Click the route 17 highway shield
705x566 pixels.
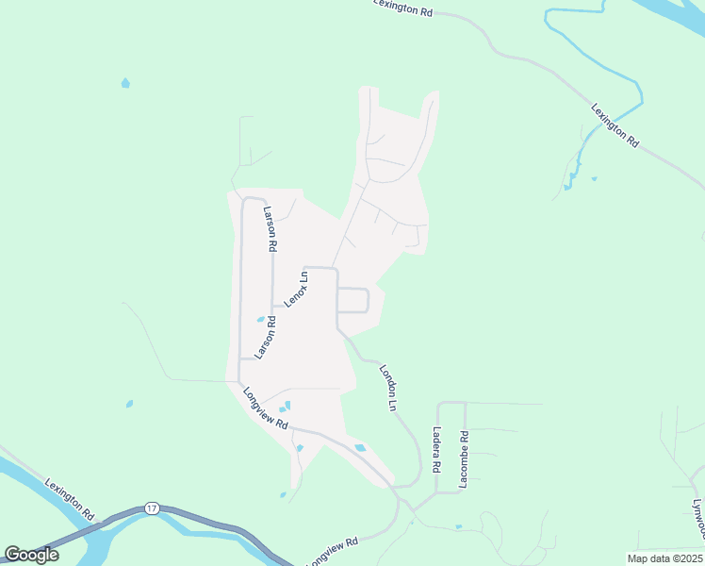(x=152, y=508)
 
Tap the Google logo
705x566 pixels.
(x=31, y=555)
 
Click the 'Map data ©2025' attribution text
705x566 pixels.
(x=664, y=558)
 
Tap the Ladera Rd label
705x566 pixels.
(x=436, y=450)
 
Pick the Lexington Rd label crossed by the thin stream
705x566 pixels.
(x=615, y=124)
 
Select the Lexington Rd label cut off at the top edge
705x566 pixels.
(x=402, y=7)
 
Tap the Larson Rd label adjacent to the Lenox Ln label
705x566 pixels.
(x=270, y=335)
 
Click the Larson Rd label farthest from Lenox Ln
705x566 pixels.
(x=270, y=228)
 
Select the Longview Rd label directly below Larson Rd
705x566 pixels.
(x=265, y=409)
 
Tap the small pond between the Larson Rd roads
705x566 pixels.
(x=260, y=319)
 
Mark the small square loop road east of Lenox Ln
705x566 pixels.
(x=352, y=300)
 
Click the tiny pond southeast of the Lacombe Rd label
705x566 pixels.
(x=459, y=526)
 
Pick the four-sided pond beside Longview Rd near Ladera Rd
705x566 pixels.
(x=359, y=447)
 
